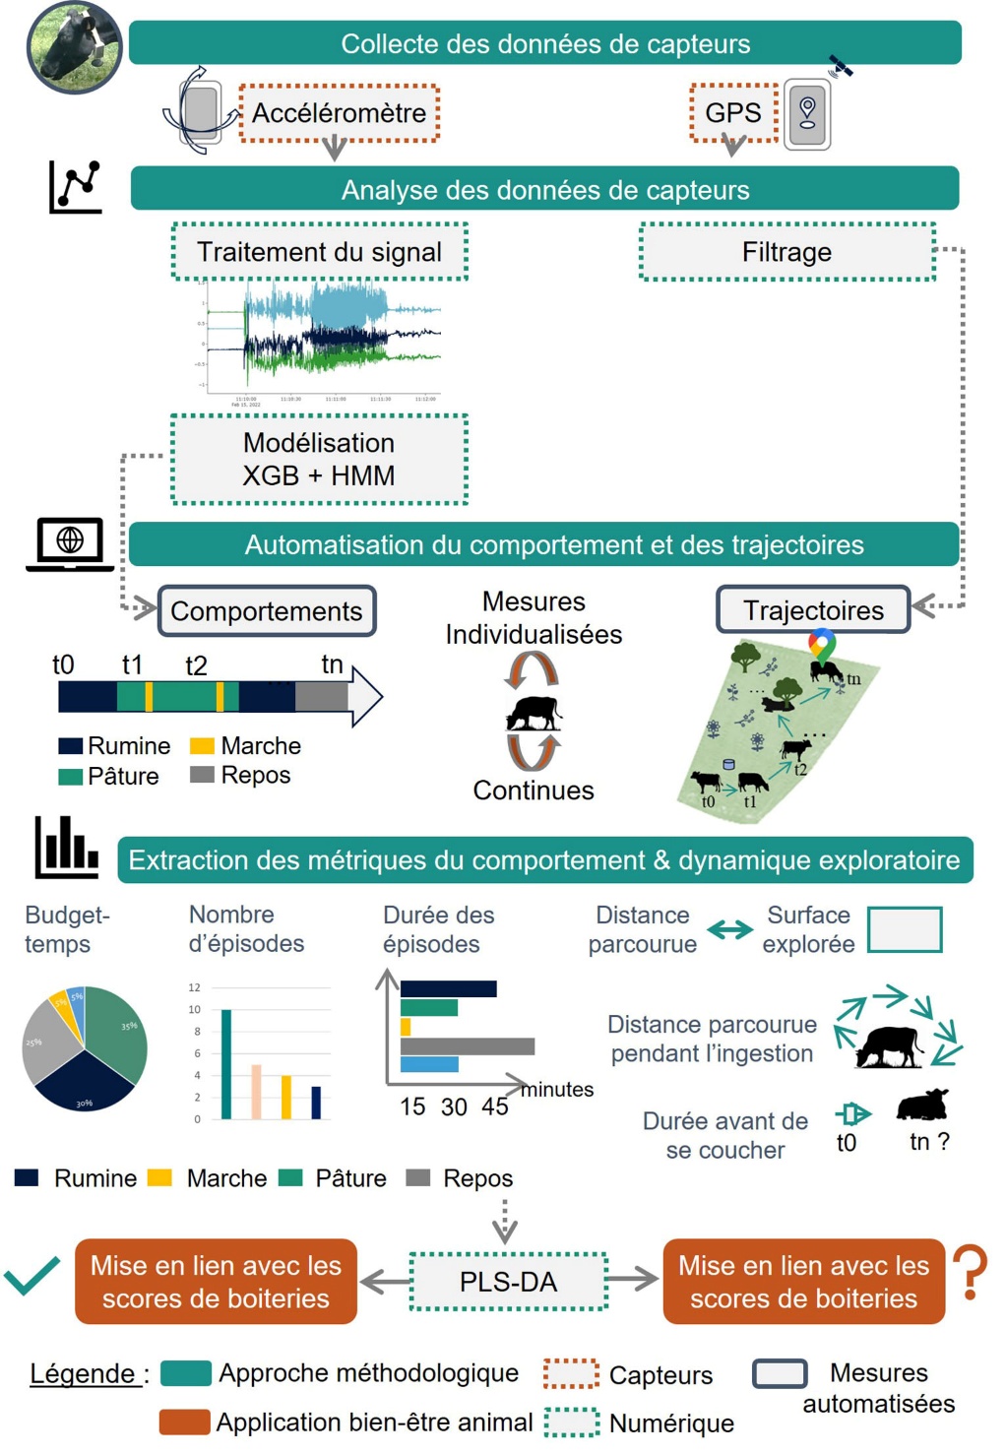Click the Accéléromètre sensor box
[x=339, y=113]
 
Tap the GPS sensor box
[x=733, y=113]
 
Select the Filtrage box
[x=786, y=252]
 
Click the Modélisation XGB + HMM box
[x=319, y=460]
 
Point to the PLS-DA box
[x=508, y=1282]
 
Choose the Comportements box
[x=267, y=611]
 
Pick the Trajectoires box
[x=813, y=610]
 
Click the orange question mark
[x=971, y=1272]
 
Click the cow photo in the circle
[x=75, y=47]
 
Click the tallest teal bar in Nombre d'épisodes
[x=226, y=1064]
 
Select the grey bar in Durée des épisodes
[x=467, y=1046]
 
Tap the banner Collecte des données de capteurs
[x=545, y=43]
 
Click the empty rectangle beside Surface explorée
[x=905, y=929]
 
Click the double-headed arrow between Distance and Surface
[x=729, y=929]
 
